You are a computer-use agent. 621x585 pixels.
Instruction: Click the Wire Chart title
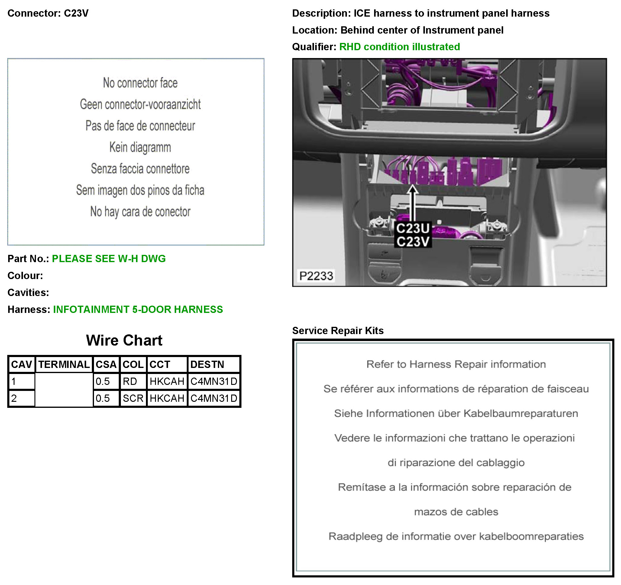click(124, 340)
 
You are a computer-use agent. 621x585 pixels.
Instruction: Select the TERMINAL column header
click(64, 364)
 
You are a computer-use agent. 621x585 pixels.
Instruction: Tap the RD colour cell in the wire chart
click(130, 381)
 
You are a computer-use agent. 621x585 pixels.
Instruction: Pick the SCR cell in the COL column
click(133, 398)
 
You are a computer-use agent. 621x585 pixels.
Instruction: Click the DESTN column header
click(207, 364)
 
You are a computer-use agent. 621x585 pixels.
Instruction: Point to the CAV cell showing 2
click(14, 398)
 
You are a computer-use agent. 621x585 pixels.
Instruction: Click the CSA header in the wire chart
click(106, 364)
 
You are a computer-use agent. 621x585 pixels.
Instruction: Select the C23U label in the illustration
click(413, 229)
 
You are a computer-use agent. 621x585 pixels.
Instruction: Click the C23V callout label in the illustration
click(413, 242)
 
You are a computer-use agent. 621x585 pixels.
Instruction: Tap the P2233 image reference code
click(316, 276)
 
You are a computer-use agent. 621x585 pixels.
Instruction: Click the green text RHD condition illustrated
click(399, 47)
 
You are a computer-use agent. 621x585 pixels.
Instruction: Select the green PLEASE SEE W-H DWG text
click(109, 259)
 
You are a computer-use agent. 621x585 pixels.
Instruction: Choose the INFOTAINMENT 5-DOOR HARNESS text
click(138, 309)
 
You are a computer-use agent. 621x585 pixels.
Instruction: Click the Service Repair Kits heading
click(337, 331)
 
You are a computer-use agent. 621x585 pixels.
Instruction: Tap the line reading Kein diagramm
click(140, 147)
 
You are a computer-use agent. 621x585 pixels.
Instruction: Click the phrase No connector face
click(140, 83)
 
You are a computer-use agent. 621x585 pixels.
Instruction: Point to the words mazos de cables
click(456, 512)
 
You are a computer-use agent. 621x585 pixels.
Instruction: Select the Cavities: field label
click(28, 293)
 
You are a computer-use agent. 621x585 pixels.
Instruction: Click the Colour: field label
click(25, 276)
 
